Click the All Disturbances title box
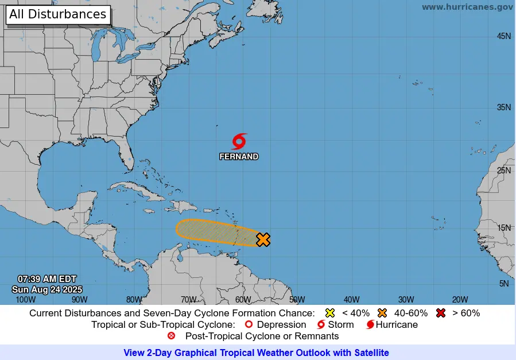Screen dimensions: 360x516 pyautogui.click(x=58, y=14)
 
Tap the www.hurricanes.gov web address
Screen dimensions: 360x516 pyautogui.click(x=467, y=7)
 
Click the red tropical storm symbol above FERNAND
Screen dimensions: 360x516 pyautogui.click(x=239, y=141)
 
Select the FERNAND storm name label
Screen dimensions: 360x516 pyautogui.click(x=239, y=156)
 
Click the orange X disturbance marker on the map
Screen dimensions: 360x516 pyautogui.click(x=263, y=239)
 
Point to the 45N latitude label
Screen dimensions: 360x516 pyautogui.click(x=503, y=36)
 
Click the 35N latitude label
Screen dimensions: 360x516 pyautogui.click(x=503, y=107)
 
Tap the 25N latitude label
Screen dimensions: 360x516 pyautogui.click(x=503, y=170)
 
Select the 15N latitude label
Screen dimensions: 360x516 pyautogui.click(x=503, y=227)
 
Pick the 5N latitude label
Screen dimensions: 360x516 pyautogui.click(x=505, y=284)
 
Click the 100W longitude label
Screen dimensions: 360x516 pyautogui.click(x=25, y=299)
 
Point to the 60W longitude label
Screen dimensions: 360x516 pyautogui.click(x=243, y=299)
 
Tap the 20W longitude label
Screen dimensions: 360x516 pyautogui.click(x=460, y=299)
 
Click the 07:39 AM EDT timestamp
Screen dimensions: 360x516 pyautogui.click(x=47, y=279)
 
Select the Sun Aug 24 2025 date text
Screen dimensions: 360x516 pyautogui.click(x=47, y=289)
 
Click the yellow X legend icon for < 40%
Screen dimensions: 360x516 pyautogui.click(x=330, y=313)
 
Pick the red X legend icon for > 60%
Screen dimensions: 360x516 pyautogui.click(x=441, y=313)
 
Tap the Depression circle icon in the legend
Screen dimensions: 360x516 pyautogui.click(x=249, y=324)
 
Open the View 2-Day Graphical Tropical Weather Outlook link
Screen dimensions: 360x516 pyautogui.click(x=256, y=353)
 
